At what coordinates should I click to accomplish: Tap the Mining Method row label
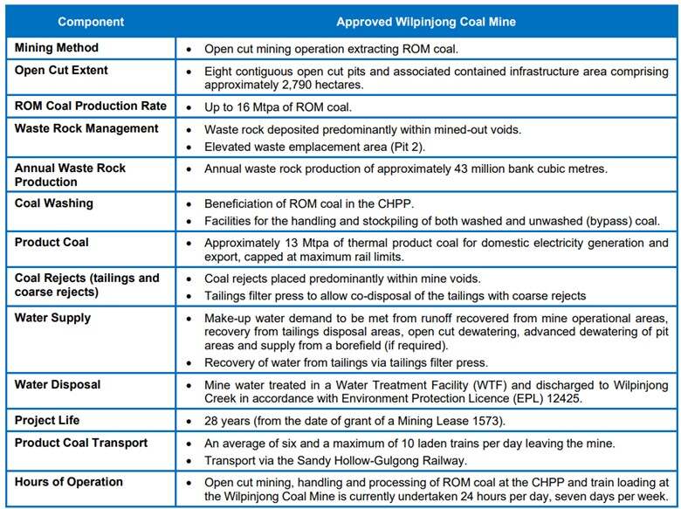point(57,48)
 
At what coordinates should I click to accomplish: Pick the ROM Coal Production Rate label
point(91,107)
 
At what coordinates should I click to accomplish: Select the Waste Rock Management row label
point(86,128)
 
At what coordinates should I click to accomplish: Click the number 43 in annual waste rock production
point(465,168)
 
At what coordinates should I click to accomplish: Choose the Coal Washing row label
point(54,203)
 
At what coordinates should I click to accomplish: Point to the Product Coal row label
point(52,242)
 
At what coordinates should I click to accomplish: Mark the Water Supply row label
point(52,318)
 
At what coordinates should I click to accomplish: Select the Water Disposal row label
point(58,384)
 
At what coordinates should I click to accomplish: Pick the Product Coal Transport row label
point(81,443)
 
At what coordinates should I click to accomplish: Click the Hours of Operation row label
point(69,481)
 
